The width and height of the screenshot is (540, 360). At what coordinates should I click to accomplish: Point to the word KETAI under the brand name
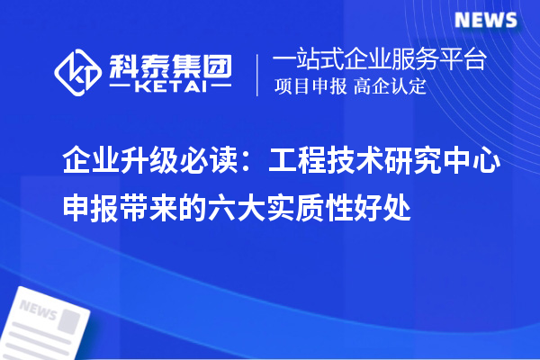170,87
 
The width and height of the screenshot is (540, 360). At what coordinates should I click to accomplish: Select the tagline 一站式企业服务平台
379,61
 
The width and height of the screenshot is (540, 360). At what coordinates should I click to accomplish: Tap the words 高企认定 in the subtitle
391,87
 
